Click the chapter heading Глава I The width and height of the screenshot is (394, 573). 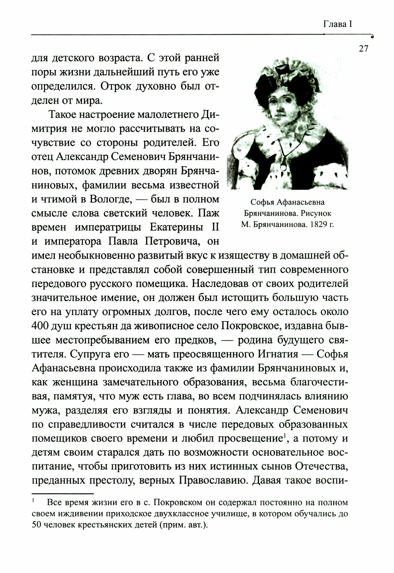338,24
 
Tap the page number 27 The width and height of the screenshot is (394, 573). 363,49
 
